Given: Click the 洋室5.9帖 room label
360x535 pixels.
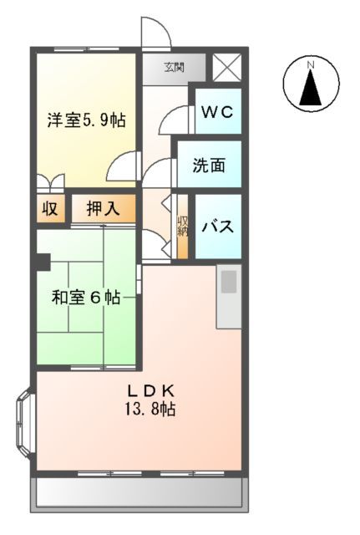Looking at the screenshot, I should [x=85, y=120].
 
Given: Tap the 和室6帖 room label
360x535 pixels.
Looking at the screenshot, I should [x=85, y=297].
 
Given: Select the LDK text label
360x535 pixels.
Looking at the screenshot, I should [x=151, y=391].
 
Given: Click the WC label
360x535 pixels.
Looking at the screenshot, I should [x=218, y=112].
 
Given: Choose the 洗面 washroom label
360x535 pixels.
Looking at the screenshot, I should [x=209, y=166].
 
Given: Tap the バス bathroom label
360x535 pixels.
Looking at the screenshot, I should [x=218, y=227].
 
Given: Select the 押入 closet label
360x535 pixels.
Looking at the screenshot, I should [x=104, y=209].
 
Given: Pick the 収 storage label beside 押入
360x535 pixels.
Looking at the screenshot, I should [x=49, y=209].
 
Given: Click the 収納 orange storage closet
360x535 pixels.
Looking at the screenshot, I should [x=182, y=227].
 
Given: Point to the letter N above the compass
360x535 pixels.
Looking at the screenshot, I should [x=310, y=64].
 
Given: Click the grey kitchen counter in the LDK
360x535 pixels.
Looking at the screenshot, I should [x=229, y=296].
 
